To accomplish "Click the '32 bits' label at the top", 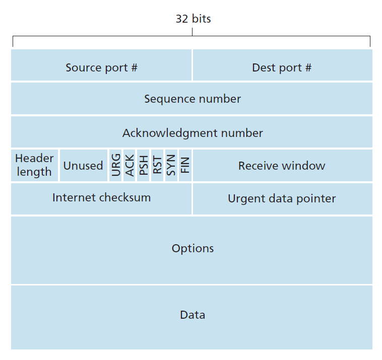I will [193, 19].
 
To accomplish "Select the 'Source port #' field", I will [101, 67].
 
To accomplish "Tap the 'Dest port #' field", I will [282, 67].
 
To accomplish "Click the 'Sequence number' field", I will [192, 99].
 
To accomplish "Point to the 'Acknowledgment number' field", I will [192, 133].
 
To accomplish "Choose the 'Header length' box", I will [34, 165].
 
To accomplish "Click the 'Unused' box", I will [83, 166].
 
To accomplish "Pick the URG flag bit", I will [116, 166].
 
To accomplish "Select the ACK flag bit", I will [130, 166].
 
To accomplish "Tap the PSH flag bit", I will [144, 166].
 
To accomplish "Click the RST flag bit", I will [157, 166].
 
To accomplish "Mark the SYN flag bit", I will [171, 166].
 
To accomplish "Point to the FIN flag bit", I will [185, 166].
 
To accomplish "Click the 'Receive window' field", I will [282, 166].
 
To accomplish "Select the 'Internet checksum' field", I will [101, 197].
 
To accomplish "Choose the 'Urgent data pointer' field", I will [282, 198].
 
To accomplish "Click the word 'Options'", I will [193, 248].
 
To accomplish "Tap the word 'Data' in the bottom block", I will [193, 315].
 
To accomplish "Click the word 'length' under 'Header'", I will [34, 172].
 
